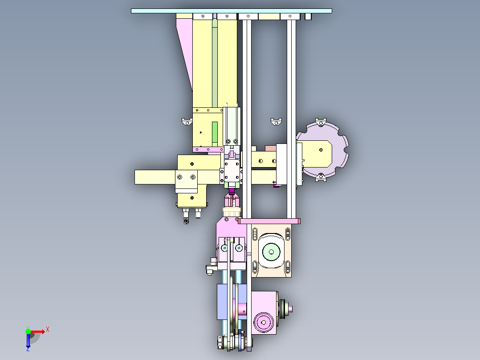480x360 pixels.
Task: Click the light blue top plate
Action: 231,11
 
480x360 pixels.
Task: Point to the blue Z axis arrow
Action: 28,340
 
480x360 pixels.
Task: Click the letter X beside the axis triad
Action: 48,330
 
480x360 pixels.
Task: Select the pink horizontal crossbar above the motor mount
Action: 269,221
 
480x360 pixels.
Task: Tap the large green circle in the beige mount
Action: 271,252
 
